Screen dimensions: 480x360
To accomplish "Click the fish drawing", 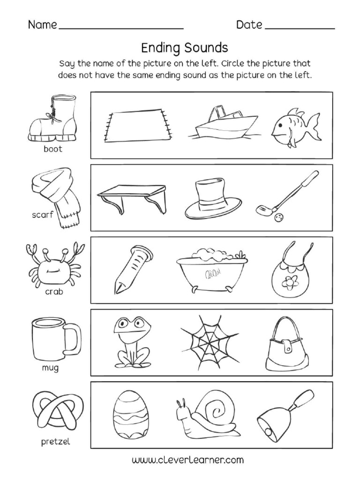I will click(294, 124).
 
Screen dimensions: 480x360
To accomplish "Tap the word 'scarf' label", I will click(43, 216).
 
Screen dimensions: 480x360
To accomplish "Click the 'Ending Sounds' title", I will click(184, 47).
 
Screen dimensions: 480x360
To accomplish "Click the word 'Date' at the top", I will click(249, 25).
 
